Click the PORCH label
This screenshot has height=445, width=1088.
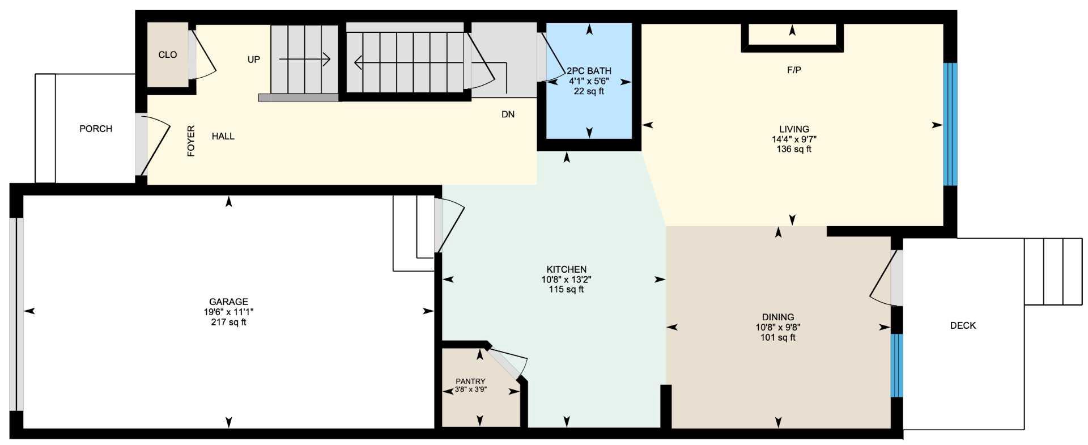[x=96, y=129]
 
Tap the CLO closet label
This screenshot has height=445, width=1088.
[x=168, y=55]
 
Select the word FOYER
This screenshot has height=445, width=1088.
[x=191, y=141]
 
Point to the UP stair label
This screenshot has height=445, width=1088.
[x=254, y=60]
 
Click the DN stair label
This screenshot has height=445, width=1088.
[x=508, y=115]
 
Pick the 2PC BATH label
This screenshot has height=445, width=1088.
[x=589, y=71]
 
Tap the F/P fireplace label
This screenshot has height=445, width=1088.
[x=794, y=70]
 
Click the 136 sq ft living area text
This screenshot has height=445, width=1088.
[x=794, y=150]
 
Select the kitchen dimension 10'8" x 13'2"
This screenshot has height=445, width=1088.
[x=566, y=279]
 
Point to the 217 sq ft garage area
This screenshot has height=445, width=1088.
[x=228, y=323]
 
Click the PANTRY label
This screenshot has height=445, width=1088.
[x=470, y=382]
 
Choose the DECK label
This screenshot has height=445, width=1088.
[x=963, y=325]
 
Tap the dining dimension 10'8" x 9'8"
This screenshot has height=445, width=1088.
[x=777, y=327]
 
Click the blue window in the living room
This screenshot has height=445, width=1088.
[x=950, y=124]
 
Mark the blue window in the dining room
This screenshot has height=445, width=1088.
[x=896, y=365]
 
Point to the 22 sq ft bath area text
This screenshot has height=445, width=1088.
[x=589, y=91]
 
